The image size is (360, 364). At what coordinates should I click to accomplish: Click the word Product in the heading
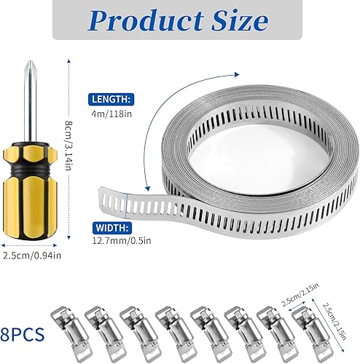pos(146,21)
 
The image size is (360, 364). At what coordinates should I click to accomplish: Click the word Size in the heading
pos(240,20)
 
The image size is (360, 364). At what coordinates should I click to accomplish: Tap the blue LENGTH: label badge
pos(111,99)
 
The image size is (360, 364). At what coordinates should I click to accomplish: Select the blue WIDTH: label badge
pos(112,228)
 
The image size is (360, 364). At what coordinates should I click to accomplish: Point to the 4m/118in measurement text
pos(111,114)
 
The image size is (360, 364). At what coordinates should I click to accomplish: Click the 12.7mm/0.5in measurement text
pos(122,240)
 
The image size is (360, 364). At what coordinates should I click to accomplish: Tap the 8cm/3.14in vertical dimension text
pos(69,146)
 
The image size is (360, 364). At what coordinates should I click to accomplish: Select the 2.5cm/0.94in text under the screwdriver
pos(32,256)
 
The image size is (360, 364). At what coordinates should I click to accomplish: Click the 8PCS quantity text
pos(23,334)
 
